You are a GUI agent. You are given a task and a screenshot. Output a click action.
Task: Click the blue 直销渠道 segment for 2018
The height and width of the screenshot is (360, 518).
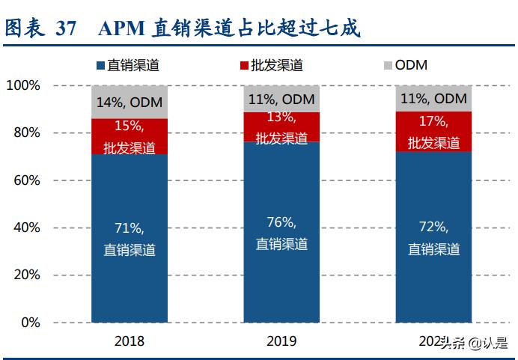tap(129, 238)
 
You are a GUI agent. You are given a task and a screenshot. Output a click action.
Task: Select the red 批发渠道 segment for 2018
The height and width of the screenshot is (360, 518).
tap(129, 136)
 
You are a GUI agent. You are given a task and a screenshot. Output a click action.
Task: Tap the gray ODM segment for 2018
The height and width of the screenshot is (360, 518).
tap(129, 102)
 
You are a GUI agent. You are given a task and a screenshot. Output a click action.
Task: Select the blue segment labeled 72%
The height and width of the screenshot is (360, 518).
tap(433, 237)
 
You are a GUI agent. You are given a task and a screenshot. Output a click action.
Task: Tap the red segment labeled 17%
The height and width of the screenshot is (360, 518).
tap(433, 132)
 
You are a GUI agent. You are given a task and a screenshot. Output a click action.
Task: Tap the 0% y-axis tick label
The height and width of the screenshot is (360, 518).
tap(30, 323)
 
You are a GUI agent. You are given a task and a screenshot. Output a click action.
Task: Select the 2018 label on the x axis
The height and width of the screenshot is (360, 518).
tap(129, 341)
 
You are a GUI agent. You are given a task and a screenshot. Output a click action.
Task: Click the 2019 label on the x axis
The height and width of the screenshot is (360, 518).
tap(281, 341)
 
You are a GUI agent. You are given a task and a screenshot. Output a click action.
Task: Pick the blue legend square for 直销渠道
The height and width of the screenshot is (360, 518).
tap(100, 66)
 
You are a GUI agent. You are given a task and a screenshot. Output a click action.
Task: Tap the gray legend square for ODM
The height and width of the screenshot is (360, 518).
tap(388, 66)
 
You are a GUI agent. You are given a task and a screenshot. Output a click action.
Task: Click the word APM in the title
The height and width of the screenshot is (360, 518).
tap(121, 28)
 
